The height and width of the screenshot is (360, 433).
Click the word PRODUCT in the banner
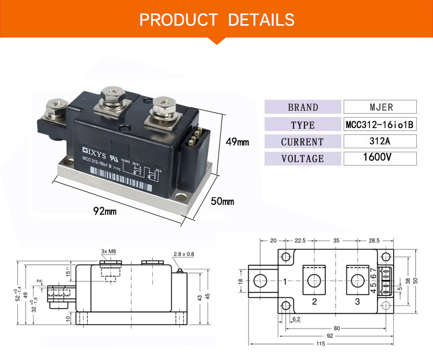[178, 20]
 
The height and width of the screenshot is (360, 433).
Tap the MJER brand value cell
[380, 107]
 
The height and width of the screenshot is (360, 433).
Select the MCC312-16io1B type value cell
[380, 124]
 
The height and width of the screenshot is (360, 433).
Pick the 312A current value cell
[380, 141]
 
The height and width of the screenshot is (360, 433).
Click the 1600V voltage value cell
[380, 158]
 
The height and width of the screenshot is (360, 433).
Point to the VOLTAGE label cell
[303, 159]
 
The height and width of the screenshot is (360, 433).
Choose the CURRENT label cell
[303, 141]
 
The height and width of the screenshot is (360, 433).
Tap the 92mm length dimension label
[105, 211]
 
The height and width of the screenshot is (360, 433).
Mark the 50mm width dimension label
[222, 201]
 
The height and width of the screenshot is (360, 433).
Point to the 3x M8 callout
[108, 252]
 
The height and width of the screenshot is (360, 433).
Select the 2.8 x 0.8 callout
[183, 254]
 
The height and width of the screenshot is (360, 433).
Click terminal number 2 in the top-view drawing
[314, 301]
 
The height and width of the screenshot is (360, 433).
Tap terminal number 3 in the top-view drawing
[357, 301]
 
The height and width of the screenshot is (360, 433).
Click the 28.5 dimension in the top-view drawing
[374, 241]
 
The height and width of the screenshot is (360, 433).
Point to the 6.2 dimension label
[296, 318]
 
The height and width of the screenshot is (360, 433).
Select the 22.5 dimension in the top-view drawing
[300, 241]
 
